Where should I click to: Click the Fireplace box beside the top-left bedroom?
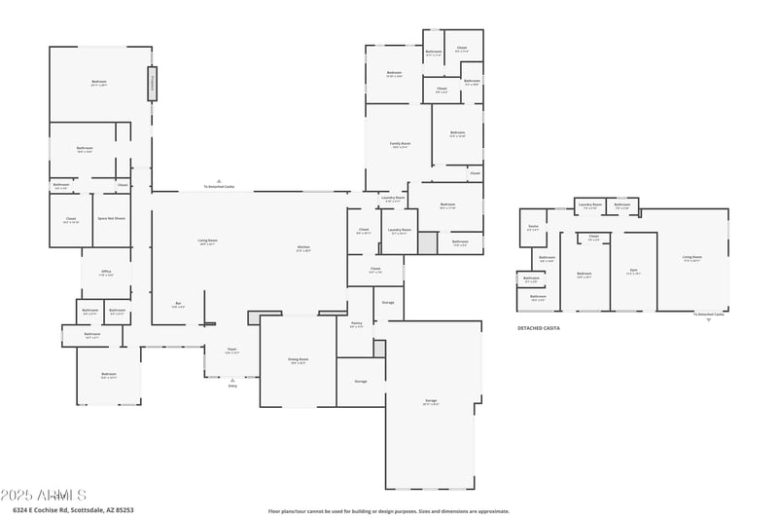pos(153,83)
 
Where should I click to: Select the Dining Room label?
pos(298,359)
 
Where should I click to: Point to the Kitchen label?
pos(303,247)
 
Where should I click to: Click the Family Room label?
pos(400,144)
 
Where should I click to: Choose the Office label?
pos(106,274)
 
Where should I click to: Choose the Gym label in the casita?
pos(633,272)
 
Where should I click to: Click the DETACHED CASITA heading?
pos(538,328)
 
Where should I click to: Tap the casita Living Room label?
pos(692,257)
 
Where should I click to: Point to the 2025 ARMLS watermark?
pos(44,496)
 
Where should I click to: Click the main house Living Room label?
pos(207,241)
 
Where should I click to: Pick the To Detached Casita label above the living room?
pos(219,185)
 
